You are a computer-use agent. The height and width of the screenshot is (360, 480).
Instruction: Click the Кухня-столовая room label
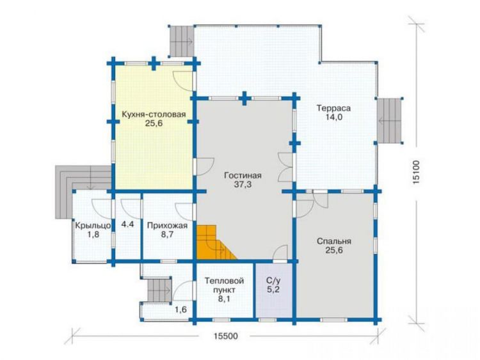click(x=154, y=114)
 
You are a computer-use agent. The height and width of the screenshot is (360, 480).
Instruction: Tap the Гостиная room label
click(x=243, y=176)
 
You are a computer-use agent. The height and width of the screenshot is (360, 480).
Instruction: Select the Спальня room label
click(x=333, y=241)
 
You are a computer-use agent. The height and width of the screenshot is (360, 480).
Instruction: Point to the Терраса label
click(x=333, y=108)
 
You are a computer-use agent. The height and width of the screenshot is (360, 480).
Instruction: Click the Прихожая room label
click(x=167, y=226)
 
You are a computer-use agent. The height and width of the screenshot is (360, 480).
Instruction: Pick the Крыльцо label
click(x=93, y=226)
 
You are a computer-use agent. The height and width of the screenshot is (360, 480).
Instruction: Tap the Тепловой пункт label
click(x=224, y=285)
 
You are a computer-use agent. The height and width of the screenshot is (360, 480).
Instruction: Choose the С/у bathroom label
click(x=273, y=281)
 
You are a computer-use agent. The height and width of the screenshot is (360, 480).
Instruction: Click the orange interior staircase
click(x=214, y=242)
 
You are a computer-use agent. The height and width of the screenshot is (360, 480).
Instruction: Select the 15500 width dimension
click(x=226, y=336)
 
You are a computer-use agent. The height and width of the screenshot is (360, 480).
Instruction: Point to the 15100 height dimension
click(x=416, y=172)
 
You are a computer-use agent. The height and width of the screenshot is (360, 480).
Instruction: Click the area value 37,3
click(x=243, y=184)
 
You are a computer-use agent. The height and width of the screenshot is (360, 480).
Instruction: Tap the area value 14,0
click(x=333, y=117)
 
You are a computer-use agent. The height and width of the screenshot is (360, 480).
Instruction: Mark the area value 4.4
click(x=127, y=224)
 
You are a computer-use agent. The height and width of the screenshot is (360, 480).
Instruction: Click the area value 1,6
click(x=180, y=309)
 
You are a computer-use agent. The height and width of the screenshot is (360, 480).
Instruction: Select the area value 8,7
click(x=167, y=235)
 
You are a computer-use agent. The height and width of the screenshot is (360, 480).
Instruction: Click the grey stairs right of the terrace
click(x=388, y=120)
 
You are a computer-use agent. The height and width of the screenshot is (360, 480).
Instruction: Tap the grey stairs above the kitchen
click(x=182, y=41)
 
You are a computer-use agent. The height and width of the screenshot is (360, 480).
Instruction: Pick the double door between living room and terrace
click(x=285, y=168)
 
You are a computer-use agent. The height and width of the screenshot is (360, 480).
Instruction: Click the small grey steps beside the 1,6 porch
click(x=159, y=290)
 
